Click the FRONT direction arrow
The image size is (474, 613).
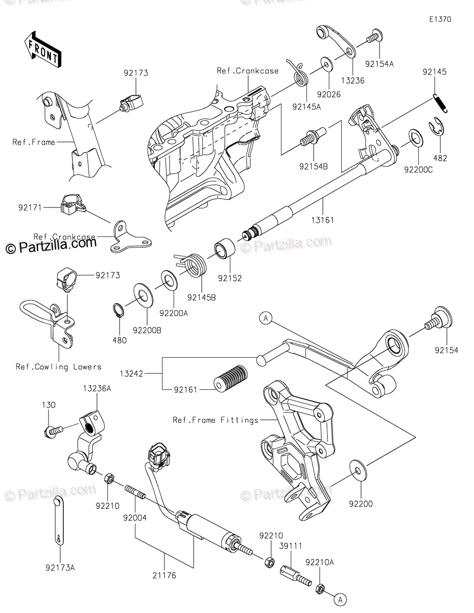tap(42, 50)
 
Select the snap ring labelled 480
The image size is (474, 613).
tap(117, 311)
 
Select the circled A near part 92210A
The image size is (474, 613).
tap(342, 597)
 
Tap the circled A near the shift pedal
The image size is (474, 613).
tap(265, 319)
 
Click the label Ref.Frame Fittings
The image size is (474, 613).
tap(215, 420)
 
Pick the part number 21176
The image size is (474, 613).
tap(163, 575)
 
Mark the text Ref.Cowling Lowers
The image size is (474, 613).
tap(58, 366)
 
